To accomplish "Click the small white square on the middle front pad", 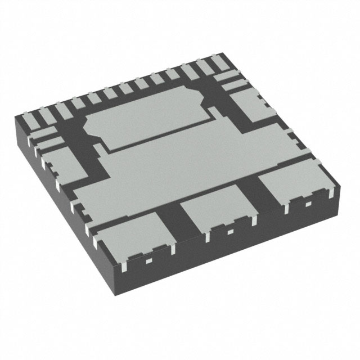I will click(x=229, y=231).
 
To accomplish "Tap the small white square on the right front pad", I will click(x=307, y=202).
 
